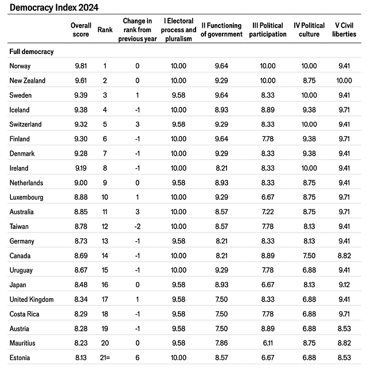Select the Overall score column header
(81, 30)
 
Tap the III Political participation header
(268, 30)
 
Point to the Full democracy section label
(32, 52)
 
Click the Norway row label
(20, 66)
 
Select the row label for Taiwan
(19, 227)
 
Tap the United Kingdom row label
(32, 300)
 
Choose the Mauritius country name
(24, 343)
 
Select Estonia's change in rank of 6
(138, 358)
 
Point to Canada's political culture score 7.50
(309, 256)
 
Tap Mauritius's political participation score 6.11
(268, 343)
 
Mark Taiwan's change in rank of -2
(138, 227)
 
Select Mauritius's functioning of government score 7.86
(221, 343)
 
